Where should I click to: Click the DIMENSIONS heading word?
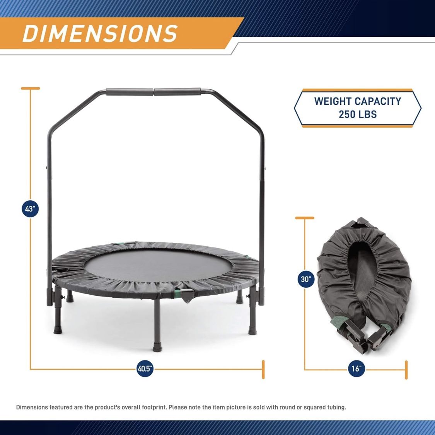(x=100, y=34)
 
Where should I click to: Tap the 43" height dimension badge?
(x=30, y=209)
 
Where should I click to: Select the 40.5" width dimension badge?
(x=145, y=369)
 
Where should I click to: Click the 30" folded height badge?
(x=306, y=279)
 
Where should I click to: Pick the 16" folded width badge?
(x=356, y=369)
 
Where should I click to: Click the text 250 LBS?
(x=358, y=114)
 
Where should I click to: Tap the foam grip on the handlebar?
(x=153, y=92)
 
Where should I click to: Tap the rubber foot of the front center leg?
(x=157, y=348)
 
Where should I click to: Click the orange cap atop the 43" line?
(x=31, y=88)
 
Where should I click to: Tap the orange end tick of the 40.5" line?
(x=263, y=370)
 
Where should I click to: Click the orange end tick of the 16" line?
(x=406, y=370)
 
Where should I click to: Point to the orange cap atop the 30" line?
(x=305, y=218)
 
